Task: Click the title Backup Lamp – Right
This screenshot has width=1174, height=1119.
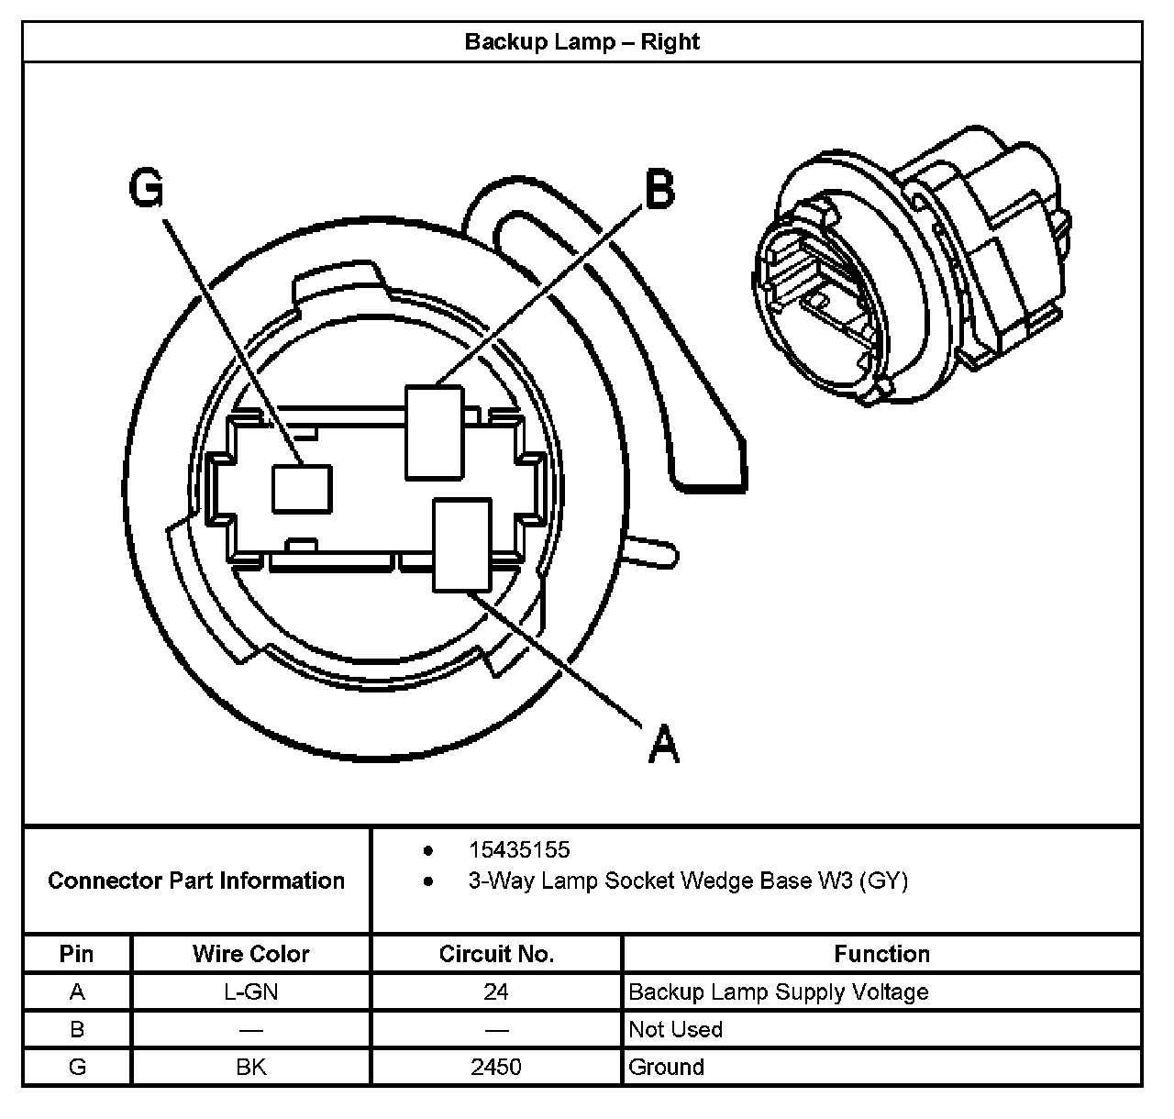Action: [x=581, y=42]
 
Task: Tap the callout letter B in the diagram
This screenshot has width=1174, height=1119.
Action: [x=659, y=191]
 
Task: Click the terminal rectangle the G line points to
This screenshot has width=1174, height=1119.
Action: [x=301, y=487]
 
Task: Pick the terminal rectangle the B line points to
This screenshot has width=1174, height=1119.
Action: [x=434, y=431]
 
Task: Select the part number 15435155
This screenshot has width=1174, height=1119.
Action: [x=519, y=850]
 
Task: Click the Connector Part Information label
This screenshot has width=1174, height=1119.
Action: [x=196, y=881]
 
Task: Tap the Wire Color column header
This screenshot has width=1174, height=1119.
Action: [x=250, y=954]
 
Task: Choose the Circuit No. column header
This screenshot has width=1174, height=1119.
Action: [x=496, y=954]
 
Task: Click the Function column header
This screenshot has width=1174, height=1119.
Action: [x=881, y=954]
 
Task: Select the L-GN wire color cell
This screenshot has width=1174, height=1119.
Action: [x=250, y=992]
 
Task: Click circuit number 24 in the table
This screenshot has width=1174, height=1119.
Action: [x=496, y=992]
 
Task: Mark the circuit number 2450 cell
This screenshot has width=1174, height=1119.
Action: [x=496, y=1067]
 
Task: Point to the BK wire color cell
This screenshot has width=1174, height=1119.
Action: [x=250, y=1067]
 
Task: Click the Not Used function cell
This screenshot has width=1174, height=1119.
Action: [x=676, y=1029]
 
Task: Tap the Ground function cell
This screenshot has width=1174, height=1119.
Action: [x=667, y=1067]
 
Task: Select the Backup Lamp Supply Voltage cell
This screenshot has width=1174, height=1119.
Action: [x=779, y=992]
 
